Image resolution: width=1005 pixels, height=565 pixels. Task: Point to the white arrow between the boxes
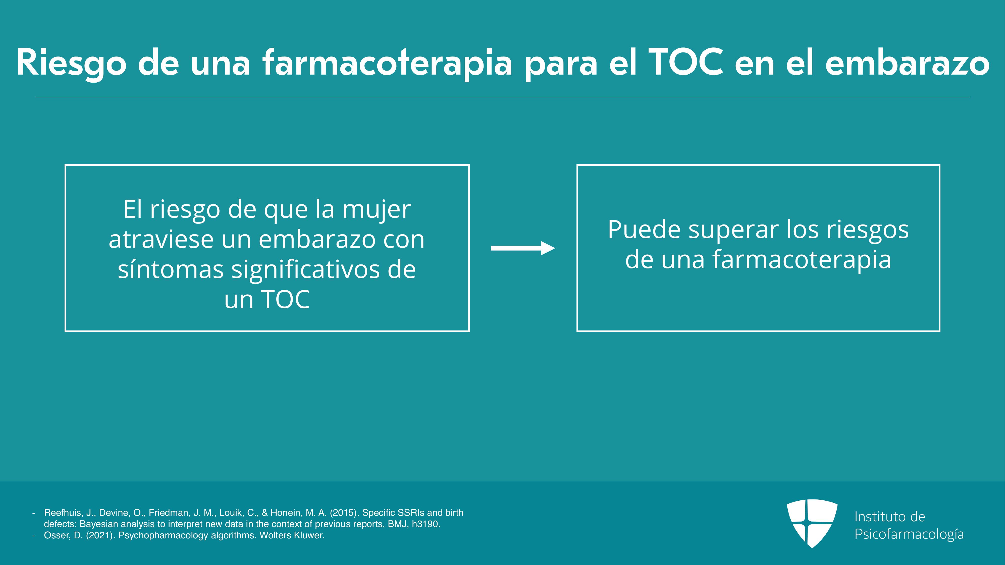pos(523,248)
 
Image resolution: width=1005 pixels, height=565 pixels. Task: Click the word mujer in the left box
pos(377,211)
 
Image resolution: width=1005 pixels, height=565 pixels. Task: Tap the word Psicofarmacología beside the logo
pos(909,535)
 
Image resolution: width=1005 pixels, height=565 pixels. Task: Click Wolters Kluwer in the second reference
pos(292,535)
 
